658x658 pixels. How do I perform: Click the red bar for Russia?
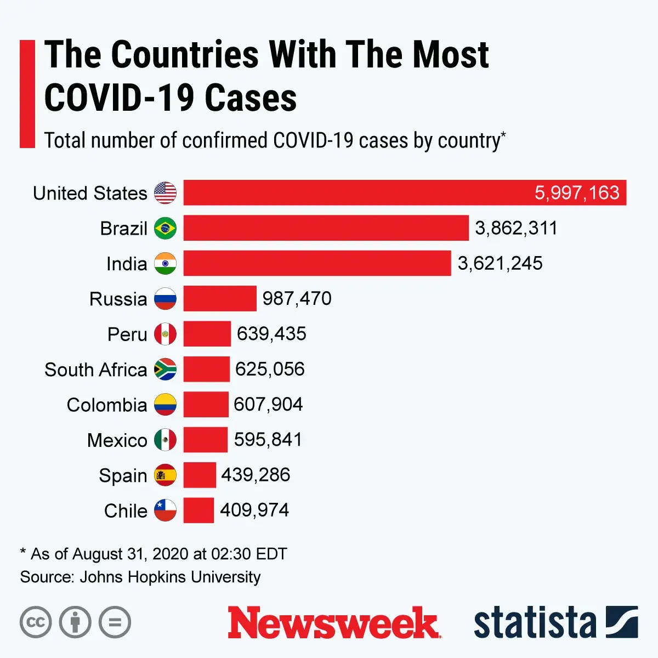pyautogui.click(x=220, y=299)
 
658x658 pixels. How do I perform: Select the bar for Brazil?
pyautogui.click(x=326, y=228)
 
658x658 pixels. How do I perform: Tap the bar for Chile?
pyautogui.click(x=198, y=510)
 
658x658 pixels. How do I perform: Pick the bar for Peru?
pyautogui.click(x=207, y=334)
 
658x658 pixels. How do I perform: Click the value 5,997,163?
pyautogui.click(x=577, y=193)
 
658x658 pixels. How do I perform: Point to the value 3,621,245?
pyautogui.click(x=500, y=264)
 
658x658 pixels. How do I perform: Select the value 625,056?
pyautogui.click(x=270, y=370)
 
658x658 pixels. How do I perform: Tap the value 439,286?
pyautogui.click(x=256, y=475)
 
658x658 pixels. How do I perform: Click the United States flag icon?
pyautogui.click(x=165, y=193)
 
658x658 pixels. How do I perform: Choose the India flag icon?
pyautogui.click(x=165, y=264)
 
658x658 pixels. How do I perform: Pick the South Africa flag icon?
pyautogui.click(x=165, y=370)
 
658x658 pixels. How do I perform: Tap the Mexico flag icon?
pyautogui.click(x=165, y=440)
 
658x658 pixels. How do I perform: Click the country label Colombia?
pyautogui.click(x=107, y=405)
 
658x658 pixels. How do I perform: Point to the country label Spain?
pyautogui.click(x=123, y=475)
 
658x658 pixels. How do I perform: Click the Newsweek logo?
pyautogui.click(x=333, y=622)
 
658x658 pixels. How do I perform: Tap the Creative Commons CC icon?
pyautogui.click(x=36, y=622)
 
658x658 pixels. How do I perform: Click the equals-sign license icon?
pyautogui.click(x=115, y=622)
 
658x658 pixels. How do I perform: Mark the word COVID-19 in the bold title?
pyautogui.click(x=118, y=98)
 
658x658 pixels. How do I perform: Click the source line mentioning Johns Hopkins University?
pyautogui.click(x=140, y=577)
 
